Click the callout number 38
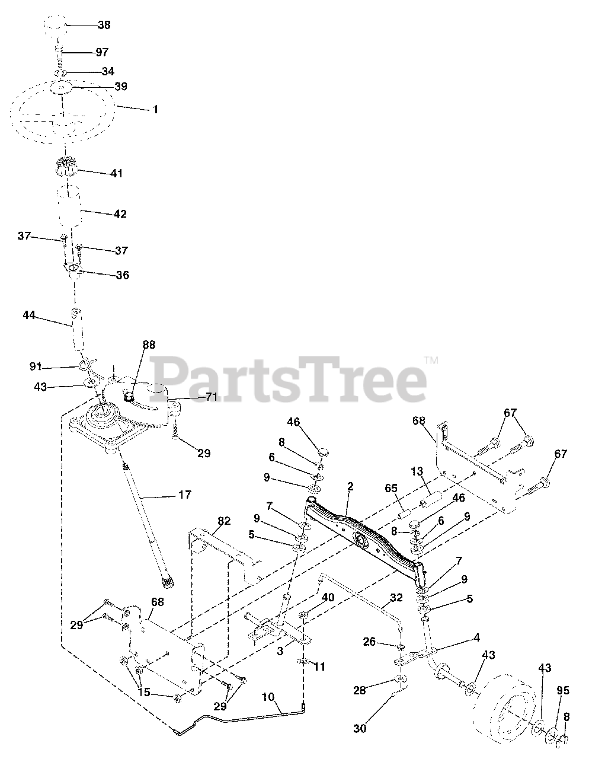(x=104, y=25)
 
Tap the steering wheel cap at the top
(x=56, y=25)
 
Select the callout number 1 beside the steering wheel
(x=155, y=109)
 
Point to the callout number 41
(x=117, y=173)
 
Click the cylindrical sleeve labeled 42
(x=70, y=206)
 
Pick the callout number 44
(x=29, y=315)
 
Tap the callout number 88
(x=149, y=345)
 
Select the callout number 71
(x=211, y=397)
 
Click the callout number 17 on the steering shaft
(x=185, y=495)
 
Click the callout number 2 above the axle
(x=350, y=487)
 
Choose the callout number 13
(x=417, y=471)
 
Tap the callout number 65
(x=391, y=488)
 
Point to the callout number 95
(x=563, y=691)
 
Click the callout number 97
(x=102, y=52)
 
